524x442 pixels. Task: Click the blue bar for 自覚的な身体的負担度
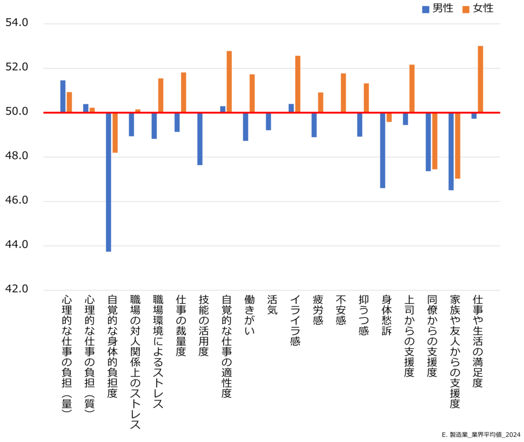pos(108,182)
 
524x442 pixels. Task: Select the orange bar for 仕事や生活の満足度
pos(481,79)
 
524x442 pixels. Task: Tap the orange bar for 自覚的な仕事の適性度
pos(229,82)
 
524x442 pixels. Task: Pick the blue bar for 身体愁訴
pos(382,150)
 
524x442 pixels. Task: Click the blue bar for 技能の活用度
pos(200,139)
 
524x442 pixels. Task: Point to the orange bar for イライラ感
pos(298,85)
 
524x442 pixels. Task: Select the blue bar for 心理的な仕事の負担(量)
pos(63,96)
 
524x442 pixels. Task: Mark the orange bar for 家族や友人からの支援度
pos(457,145)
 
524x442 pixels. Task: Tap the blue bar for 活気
pos(268,121)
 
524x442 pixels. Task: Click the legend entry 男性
pos(438,9)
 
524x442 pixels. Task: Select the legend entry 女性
pos(478,9)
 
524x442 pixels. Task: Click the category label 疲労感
pos(318,310)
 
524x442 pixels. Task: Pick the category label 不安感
pos(341,310)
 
